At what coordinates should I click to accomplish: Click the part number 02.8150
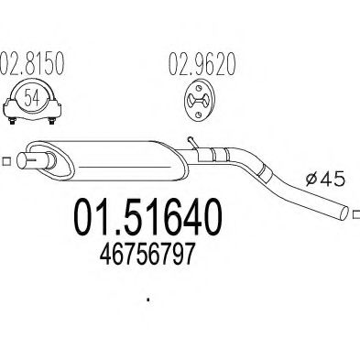point(34,66)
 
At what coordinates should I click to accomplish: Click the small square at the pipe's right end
point(355,215)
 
